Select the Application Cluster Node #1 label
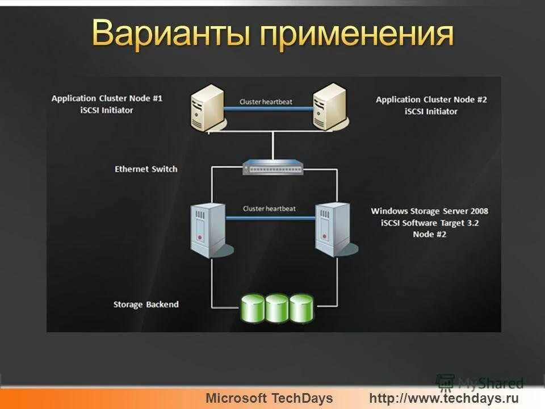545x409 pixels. pyautogui.click(x=107, y=98)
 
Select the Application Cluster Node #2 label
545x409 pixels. pyautogui.click(x=431, y=99)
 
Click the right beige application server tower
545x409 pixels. pyautogui.click(x=330, y=106)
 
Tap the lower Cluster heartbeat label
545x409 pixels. pyautogui.click(x=269, y=208)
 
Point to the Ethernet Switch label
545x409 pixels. pyautogui.click(x=146, y=169)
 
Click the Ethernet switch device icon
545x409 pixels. pyautogui.click(x=272, y=166)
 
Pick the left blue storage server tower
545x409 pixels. pyautogui.click(x=209, y=230)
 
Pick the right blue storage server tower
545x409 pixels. pyautogui.click(x=332, y=230)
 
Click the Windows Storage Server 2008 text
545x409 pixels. pyautogui.click(x=429, y=211)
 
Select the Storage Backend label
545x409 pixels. pyautogui.click(x=146, y=304)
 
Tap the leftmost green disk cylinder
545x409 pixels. pyautogui.click(x=253, y=308)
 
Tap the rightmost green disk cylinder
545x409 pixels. pyautogui.click(x=301, y=308)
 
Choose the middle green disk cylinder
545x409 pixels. pyautogui.click(x=277, y=308)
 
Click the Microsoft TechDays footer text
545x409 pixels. pyautogui.click(x=269, y=398)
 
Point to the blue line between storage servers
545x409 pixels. pyautogui.click(x=271, y=217)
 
